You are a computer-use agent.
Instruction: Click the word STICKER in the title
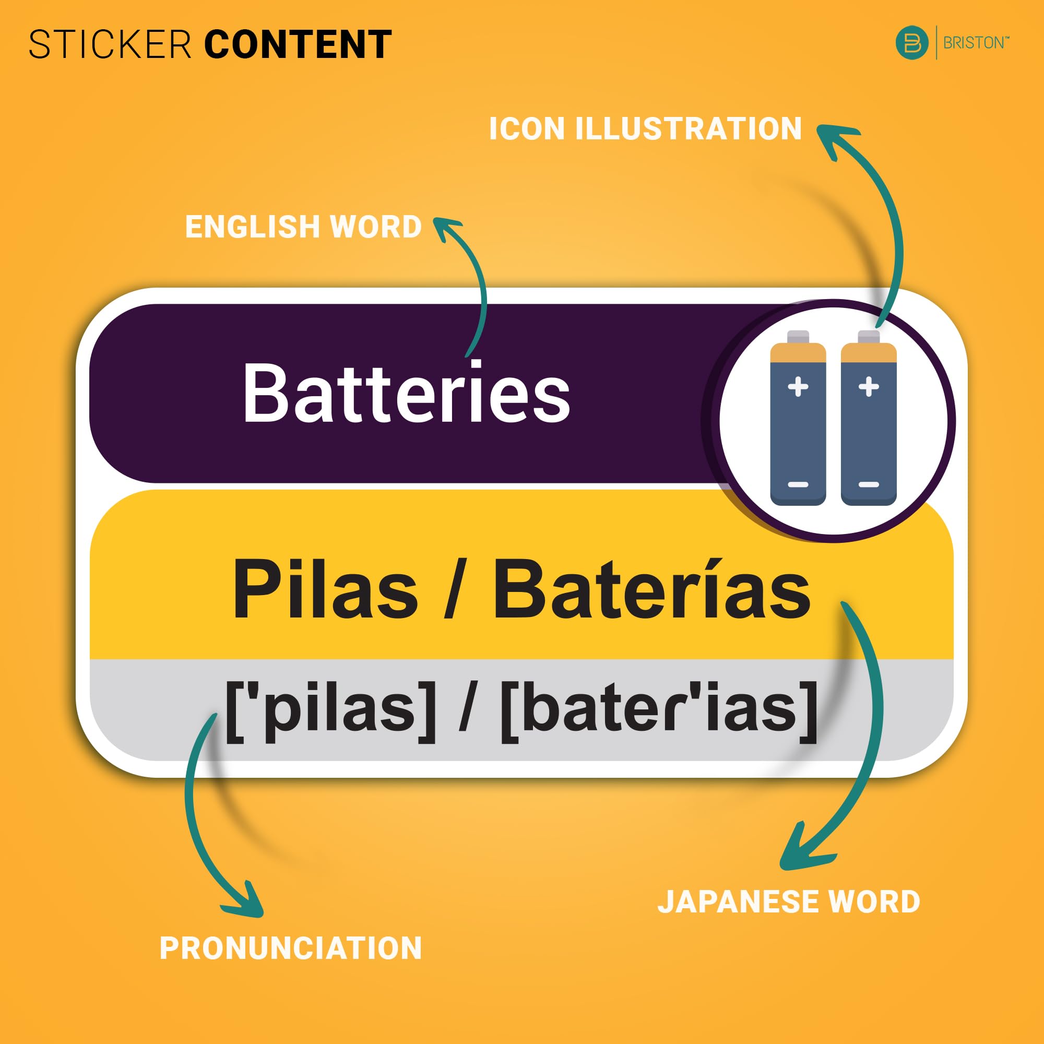coord(110,44)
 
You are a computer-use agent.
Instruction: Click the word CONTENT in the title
coord(298,44)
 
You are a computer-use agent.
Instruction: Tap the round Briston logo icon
coord(911,43)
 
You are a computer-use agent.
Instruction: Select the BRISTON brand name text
coord(974,43)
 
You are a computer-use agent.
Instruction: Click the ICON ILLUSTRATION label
coord(645,128)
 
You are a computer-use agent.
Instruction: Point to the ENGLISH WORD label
coord(303,227)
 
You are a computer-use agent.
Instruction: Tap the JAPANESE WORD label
coord(788,901)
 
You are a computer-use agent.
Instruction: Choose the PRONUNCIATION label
coord(291,948)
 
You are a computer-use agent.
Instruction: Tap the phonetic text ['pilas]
coord(330,710)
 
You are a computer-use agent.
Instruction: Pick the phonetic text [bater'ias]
coord(659,710)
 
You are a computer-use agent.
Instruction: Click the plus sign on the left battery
coord(798,387)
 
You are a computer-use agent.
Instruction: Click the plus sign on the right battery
coord(869,387)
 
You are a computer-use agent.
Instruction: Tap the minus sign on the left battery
coord(798,485)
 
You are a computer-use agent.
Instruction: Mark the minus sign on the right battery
coord(869,485)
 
